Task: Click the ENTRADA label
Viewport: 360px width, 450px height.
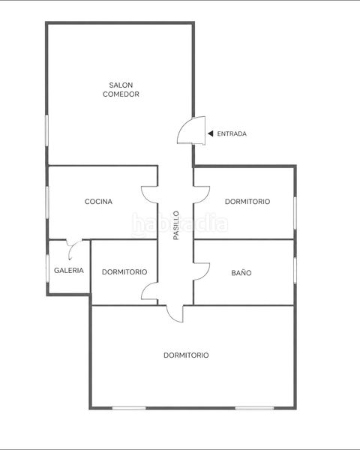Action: click(232, 133)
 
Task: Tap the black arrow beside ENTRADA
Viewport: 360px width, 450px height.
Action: click(211, 133)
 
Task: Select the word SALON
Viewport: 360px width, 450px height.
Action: click(121, 85)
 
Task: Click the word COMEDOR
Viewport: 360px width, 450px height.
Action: click(121, 94)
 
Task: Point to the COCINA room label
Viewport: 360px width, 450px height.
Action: click(98, 202)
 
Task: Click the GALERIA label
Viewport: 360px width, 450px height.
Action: click(69, 270)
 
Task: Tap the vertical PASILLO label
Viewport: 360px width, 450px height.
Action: click(176, 226)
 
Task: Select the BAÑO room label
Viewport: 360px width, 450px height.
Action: click(241, 273)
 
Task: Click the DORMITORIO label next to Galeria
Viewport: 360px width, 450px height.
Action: click(124, 271)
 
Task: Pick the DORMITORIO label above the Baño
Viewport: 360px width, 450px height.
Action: click(247, 202)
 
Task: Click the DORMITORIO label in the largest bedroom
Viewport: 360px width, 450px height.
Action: click(186, 355)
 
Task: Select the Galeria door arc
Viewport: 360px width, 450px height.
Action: click(72, 247)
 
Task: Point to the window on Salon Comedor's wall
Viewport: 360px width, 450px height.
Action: click(46, 130)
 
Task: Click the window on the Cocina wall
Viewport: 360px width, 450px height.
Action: click(47, 202)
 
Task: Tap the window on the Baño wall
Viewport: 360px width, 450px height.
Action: click(295, 271)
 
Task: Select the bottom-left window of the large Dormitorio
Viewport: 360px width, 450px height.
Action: click(129, 408)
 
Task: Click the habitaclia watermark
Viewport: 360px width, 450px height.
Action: click(180, 224)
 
